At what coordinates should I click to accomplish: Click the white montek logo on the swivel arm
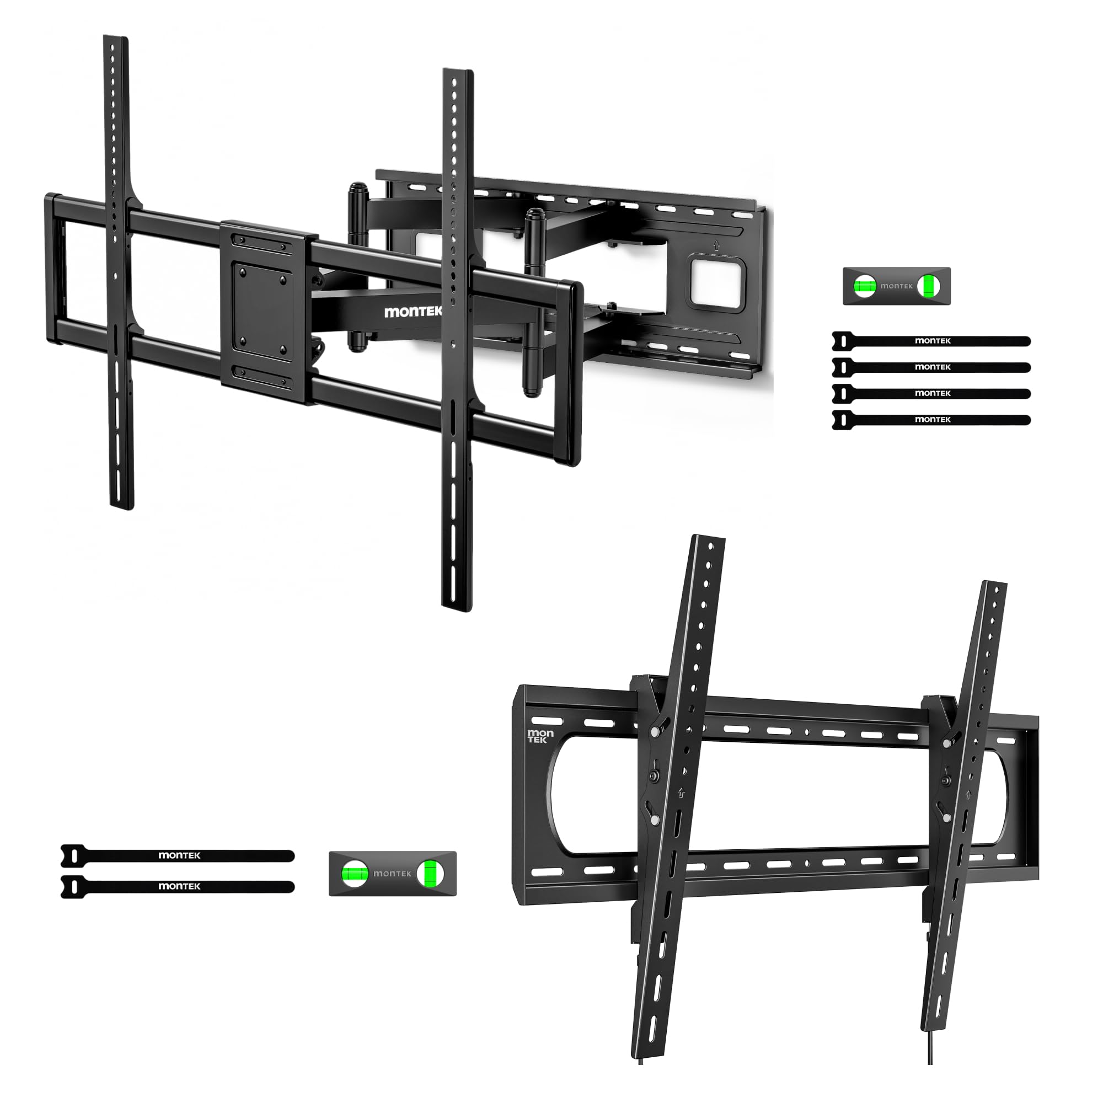[413, 312]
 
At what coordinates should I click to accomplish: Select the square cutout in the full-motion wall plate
[717, 282]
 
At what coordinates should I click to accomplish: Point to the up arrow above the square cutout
[716, 246]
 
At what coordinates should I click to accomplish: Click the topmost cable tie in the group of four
[931, 341]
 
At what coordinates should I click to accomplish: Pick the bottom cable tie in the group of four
[931, 420]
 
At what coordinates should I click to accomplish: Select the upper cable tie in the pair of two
[178, 855]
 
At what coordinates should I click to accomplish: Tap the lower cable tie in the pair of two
[178, 886]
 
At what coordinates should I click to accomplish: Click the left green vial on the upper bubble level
[864, 286]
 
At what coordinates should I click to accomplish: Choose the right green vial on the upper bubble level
[928, 286]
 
